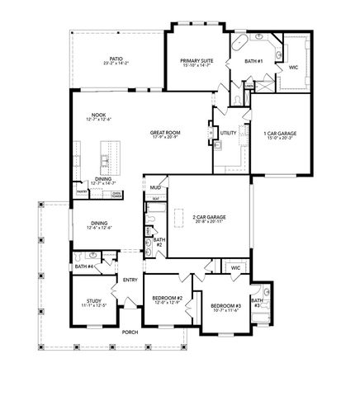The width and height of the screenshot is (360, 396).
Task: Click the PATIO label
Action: click(x=116, y=59)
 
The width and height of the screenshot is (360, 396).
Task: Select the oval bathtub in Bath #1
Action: click(x=239, y=43)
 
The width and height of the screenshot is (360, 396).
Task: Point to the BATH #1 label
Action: click(x=254, y=61)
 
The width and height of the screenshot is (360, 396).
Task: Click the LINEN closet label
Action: click(x=249, y=85)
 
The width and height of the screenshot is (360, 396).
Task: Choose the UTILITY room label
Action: click(x=229, y=132)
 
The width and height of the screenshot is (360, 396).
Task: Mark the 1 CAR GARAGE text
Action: click(x=280, y=133)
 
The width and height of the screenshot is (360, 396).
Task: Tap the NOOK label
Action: click(x=99, y=115)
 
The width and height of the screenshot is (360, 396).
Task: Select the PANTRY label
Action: click(x=82, y=191)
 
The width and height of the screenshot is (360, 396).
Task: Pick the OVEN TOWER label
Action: click(x=117, y=195)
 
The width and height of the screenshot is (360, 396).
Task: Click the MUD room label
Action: click(x=154, y=187)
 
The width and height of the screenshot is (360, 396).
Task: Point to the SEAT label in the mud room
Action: click(x=155, y=199)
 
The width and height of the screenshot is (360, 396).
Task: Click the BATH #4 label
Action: click(x=82, y=267)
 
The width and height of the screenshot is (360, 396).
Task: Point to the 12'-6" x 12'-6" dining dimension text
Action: click(x=98, y=228)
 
